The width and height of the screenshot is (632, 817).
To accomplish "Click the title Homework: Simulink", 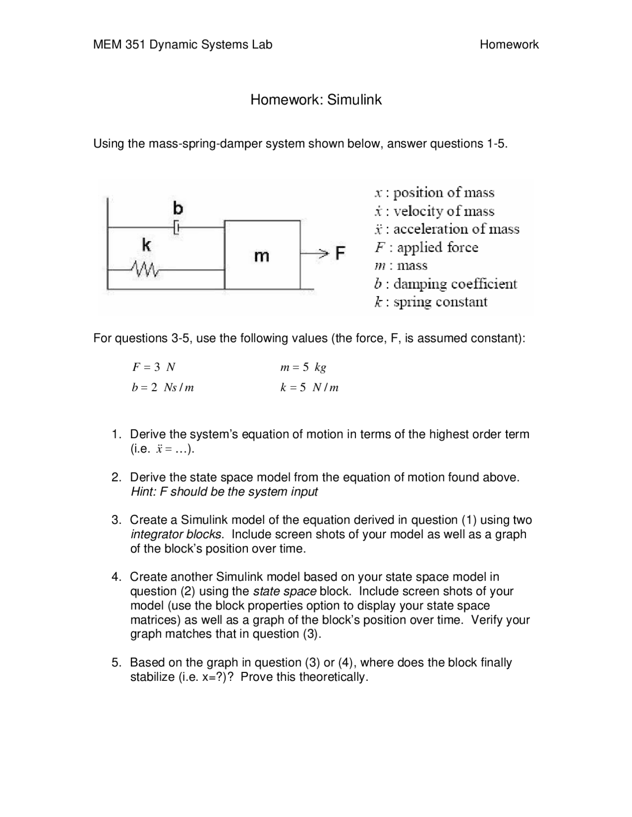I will pyautogui.click(x=316, y=100).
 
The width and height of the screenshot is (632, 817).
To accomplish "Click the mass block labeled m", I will pyautogui.click(x=262, y=255).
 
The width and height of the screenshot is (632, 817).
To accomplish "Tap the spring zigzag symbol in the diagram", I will pyautogui.click(x=145, y=269).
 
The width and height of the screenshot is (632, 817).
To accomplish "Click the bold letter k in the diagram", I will pyautogui.click(x=146, y=245).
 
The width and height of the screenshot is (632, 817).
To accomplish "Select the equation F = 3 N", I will pyautogui.click(x=154, y=367).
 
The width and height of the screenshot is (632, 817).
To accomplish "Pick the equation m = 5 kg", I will pyautogui.click(x=303, y=367).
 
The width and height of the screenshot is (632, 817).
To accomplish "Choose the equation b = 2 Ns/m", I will pyautogui.click(x=162, y=388).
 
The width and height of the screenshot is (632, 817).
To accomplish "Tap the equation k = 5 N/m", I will pyautogui.click(x=309, y=388).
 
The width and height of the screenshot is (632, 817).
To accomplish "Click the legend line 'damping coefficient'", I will pyautogui.click(x=445, y=284).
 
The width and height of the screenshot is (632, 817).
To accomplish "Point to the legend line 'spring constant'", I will pyautogui.click(x=431, y=302).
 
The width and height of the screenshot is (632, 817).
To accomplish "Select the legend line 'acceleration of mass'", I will pyautogui.click(x=447, y=229).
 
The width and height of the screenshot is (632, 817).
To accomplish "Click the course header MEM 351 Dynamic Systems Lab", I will pyautogui.click(x=183, y=45).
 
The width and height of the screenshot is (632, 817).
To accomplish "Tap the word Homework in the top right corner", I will pyautogui.click(x=509, y=45).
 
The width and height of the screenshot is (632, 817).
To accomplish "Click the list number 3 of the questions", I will pyautogui.click(x=116, y=520).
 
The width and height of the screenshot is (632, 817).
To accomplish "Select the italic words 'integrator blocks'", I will pyautogui.click(x=176, y=534).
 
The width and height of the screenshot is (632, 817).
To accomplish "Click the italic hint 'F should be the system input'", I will pyautogui.click(x=224, y=492).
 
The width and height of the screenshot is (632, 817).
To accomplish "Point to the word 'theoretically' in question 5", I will pyautogui.click(x=337, y=677).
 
